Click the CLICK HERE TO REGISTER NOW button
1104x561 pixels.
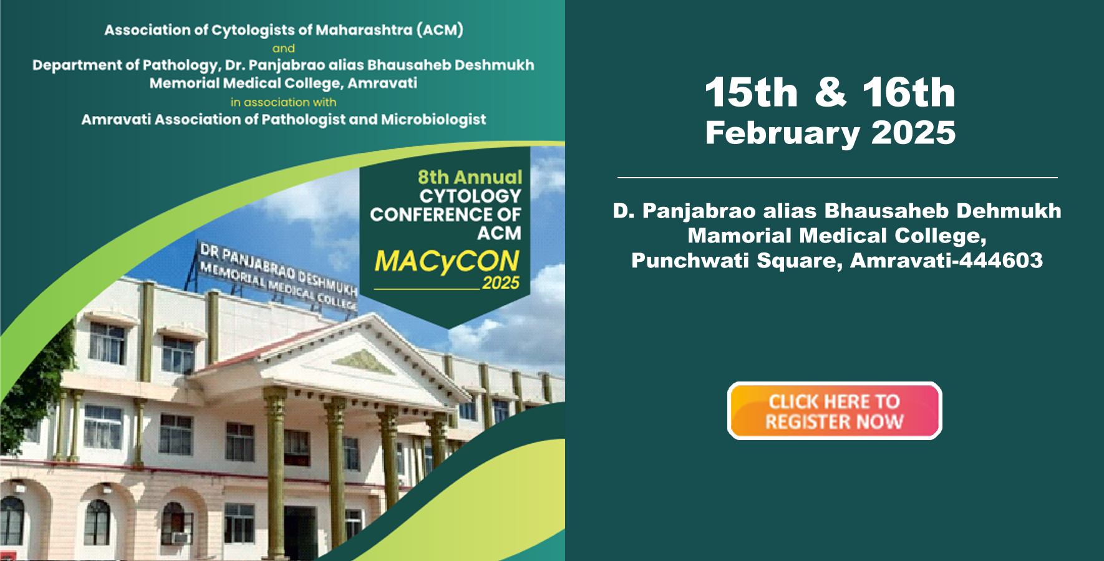tap(835, 411)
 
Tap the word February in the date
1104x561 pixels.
tap(783, 133)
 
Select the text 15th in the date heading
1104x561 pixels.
tap(752, 93)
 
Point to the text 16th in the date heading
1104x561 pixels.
tap(909, 93)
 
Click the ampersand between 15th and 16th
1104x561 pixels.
tap(831, 93)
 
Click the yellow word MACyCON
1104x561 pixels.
tap(447, 262)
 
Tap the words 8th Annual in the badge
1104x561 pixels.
tap(470, 177)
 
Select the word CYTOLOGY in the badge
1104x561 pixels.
tap(470, 196)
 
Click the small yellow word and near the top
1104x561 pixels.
tap(283, 48)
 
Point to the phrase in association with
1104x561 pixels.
tap(283, 102)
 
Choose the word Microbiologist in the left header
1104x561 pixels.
tap(433, 119)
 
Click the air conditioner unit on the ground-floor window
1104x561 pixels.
tap(180, 537)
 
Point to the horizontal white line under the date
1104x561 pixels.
tap(837, 178)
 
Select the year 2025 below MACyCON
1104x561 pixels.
tap(500, 283)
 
